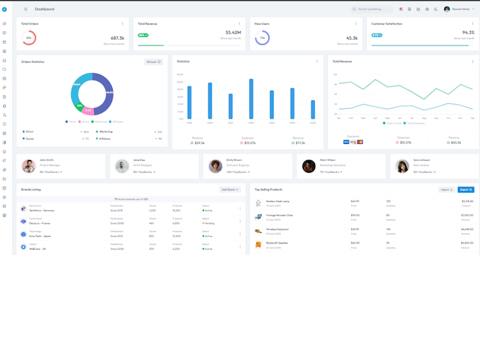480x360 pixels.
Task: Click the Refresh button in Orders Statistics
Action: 154,62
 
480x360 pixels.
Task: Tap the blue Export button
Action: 466,190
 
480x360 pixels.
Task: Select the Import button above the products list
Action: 446,190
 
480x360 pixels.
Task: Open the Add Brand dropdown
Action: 230,190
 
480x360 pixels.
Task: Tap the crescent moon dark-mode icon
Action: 436,9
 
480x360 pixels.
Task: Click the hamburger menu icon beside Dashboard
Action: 26,9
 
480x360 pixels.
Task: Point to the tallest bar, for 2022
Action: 251,99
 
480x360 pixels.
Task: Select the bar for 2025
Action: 313,109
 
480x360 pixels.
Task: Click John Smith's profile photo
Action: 28,166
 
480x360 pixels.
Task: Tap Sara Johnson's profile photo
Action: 402,166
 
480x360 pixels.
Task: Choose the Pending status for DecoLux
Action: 209,223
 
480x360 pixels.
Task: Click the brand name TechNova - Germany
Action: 41,211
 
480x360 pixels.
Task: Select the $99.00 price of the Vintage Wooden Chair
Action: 355,215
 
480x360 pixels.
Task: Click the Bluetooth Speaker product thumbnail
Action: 259,245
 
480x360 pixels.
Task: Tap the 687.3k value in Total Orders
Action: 117,38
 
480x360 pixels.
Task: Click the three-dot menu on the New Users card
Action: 356,24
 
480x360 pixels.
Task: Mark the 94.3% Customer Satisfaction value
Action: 468,32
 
